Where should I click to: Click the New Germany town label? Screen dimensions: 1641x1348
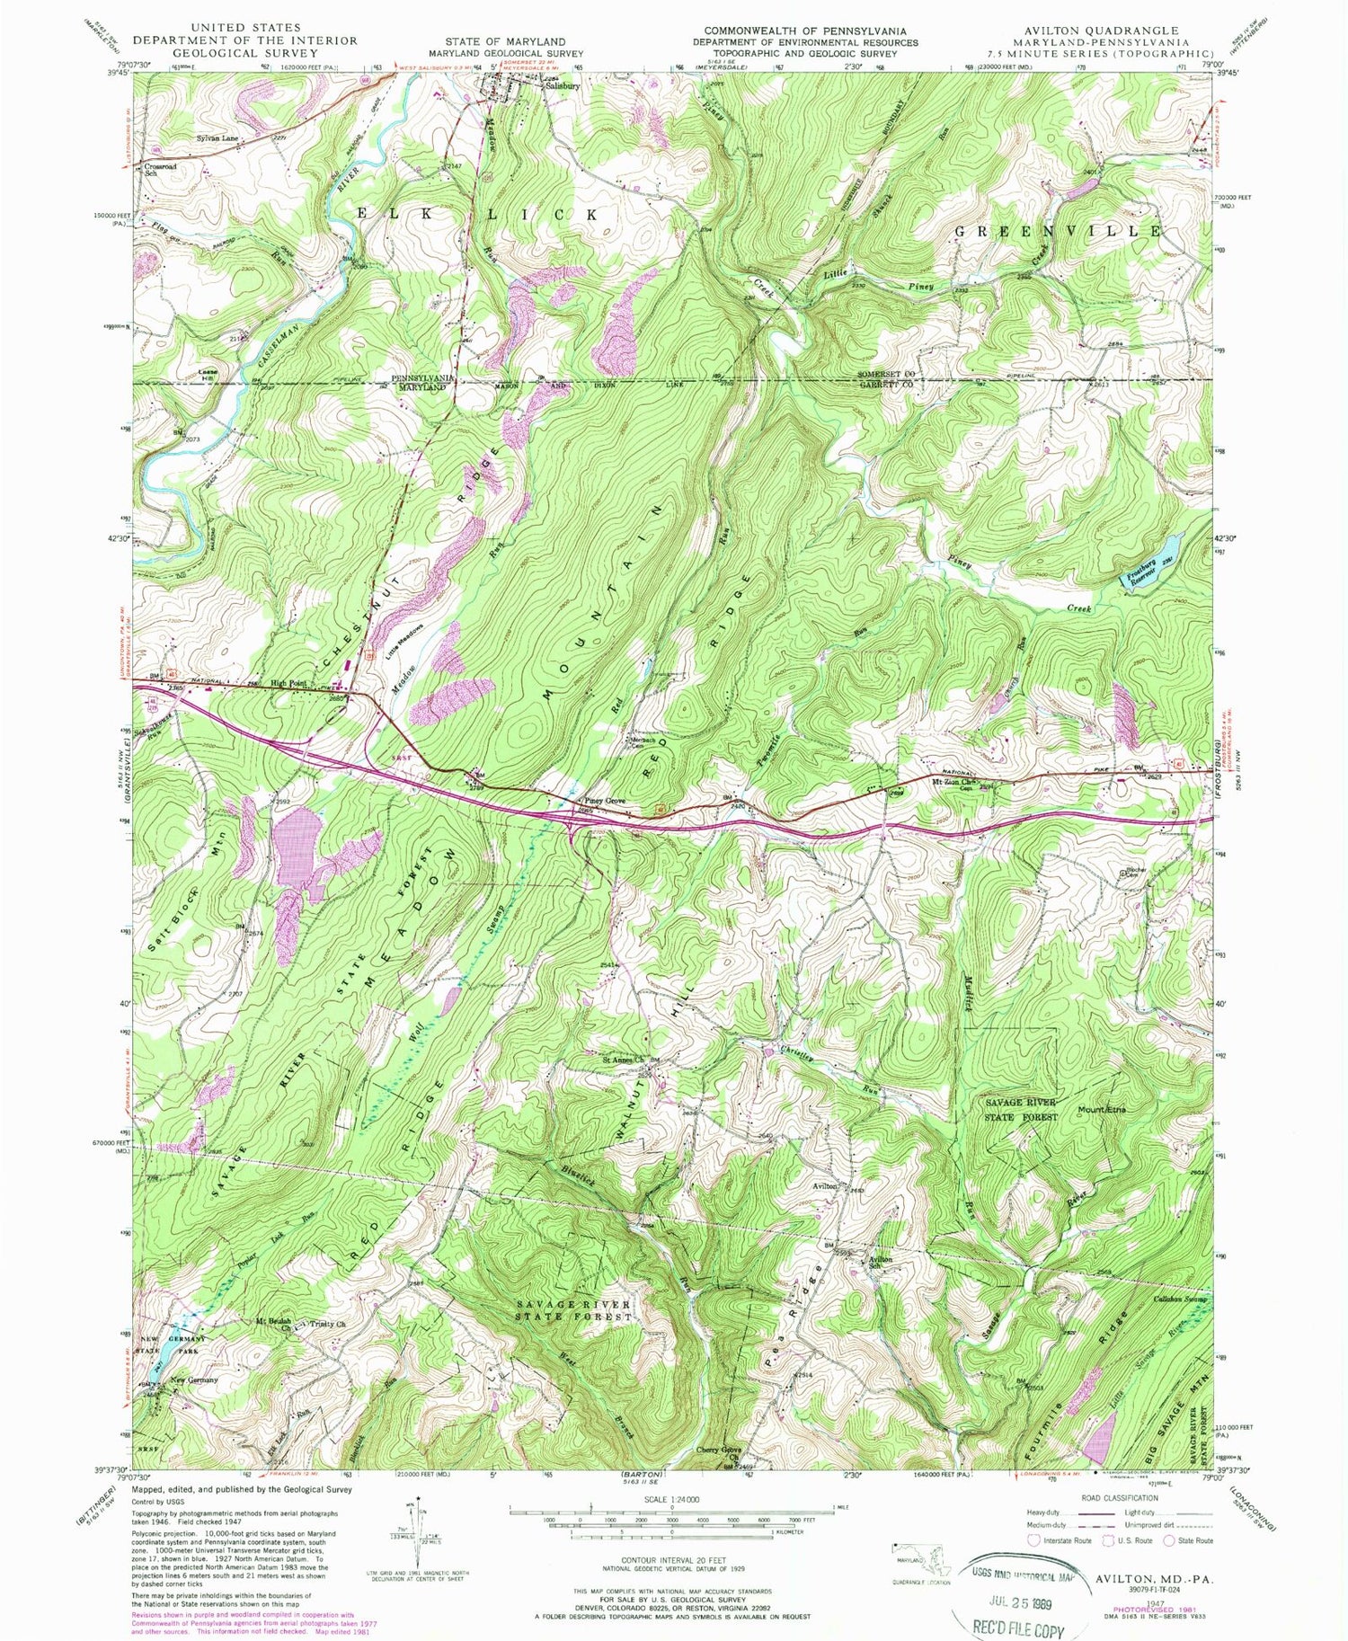click(x=195, y=1379)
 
